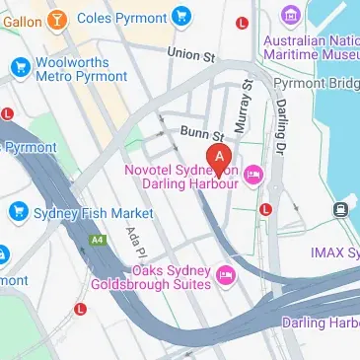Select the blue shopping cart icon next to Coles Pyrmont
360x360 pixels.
180,16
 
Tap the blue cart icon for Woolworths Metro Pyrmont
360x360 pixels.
18,67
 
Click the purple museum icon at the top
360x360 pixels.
290,17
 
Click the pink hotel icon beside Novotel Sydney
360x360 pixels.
253,176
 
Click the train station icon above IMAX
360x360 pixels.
341,208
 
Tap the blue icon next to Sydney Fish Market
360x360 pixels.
18,212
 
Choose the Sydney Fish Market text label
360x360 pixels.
94,213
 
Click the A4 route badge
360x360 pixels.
97,240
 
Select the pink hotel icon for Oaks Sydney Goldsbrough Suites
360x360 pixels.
226,275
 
